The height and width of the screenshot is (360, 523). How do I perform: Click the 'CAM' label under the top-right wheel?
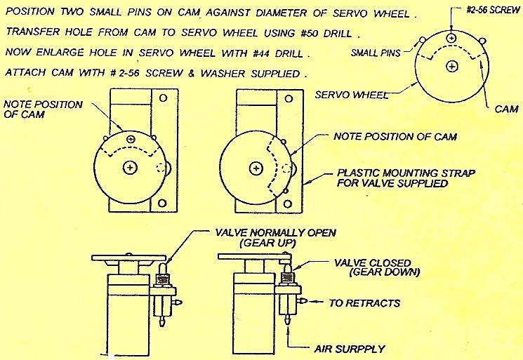coord(506,109)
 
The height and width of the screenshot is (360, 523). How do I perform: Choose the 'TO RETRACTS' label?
coord(365,302)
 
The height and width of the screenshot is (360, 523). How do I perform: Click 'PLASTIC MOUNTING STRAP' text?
coord(397,173)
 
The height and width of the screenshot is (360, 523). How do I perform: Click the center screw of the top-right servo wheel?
coord(451,65)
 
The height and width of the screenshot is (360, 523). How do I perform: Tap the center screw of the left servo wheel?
coord(131,167)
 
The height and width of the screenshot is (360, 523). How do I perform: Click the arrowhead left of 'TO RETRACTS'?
coord(315,302)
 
